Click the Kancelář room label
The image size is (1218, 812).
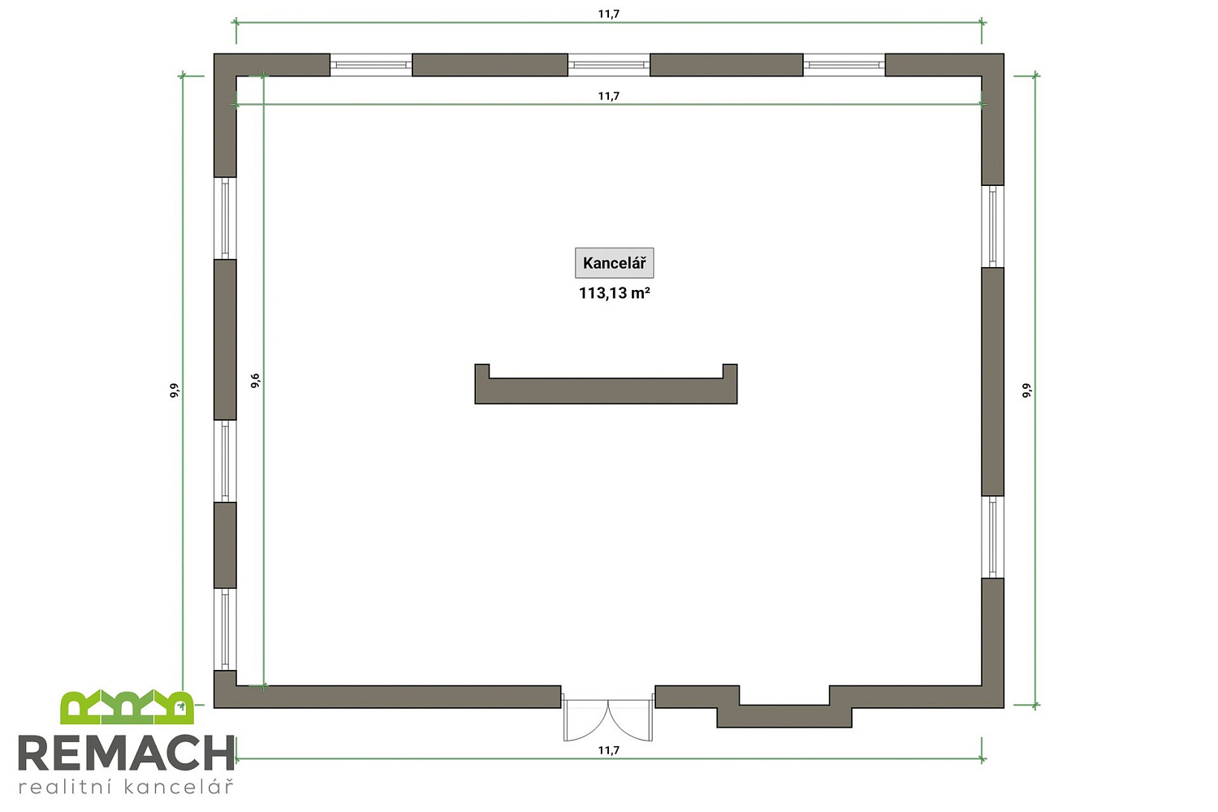point(615,263)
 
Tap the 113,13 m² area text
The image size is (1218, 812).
point(615,293)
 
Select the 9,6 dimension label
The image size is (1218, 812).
point(255,381)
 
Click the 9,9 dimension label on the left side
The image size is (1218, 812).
point(174,391)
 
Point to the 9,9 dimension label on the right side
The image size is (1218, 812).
point(1026,391)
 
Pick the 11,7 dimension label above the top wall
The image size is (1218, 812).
point(609,14)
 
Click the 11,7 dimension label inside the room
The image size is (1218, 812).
point(609,97)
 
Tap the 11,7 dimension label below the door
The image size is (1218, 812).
point(609,750)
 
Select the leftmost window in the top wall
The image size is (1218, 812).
point(371,65)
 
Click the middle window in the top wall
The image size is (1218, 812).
point(609,65)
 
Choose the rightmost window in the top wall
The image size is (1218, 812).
point(844,65)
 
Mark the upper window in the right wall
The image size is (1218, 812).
point(992,227)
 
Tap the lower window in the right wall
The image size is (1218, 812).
point(992,537)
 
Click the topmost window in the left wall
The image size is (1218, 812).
point(225,218)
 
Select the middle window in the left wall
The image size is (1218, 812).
point(225,460)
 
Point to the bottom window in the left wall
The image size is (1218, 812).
point(225,628)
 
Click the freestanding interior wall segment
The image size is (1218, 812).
point(606,391)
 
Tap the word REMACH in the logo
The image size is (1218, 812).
point(127,753)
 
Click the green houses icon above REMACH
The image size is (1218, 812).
point(127,707)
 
